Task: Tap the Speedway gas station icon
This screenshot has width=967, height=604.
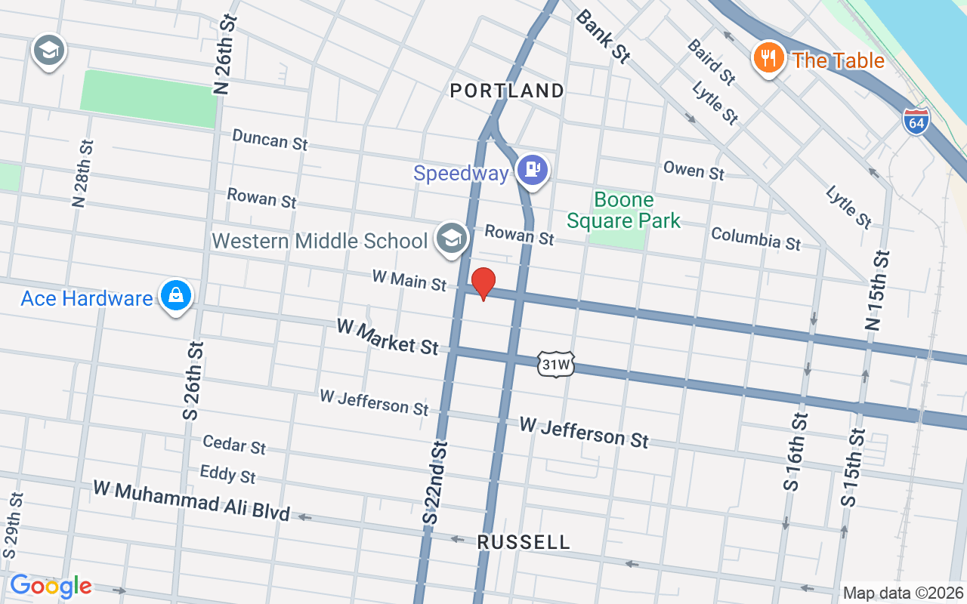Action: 533,170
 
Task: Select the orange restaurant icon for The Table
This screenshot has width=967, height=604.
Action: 768,57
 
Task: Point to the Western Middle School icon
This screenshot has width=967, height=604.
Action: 452,239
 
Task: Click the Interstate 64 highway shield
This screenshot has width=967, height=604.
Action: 916,122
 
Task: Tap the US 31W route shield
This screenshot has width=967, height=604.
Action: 556,365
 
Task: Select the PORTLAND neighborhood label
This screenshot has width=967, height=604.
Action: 507,91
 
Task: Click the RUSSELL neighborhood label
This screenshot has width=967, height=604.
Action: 524,542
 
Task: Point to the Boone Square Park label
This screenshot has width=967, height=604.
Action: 623,211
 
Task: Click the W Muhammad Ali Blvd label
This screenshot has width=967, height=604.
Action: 191,501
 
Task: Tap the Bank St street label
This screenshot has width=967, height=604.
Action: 602,35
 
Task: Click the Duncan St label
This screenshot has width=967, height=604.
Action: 270,140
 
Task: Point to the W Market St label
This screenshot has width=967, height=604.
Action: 388,337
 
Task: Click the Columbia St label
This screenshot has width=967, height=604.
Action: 755,238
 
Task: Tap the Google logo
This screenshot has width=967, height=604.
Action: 51,585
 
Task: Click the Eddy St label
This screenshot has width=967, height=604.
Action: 227,474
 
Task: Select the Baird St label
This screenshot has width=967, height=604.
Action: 711,61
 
